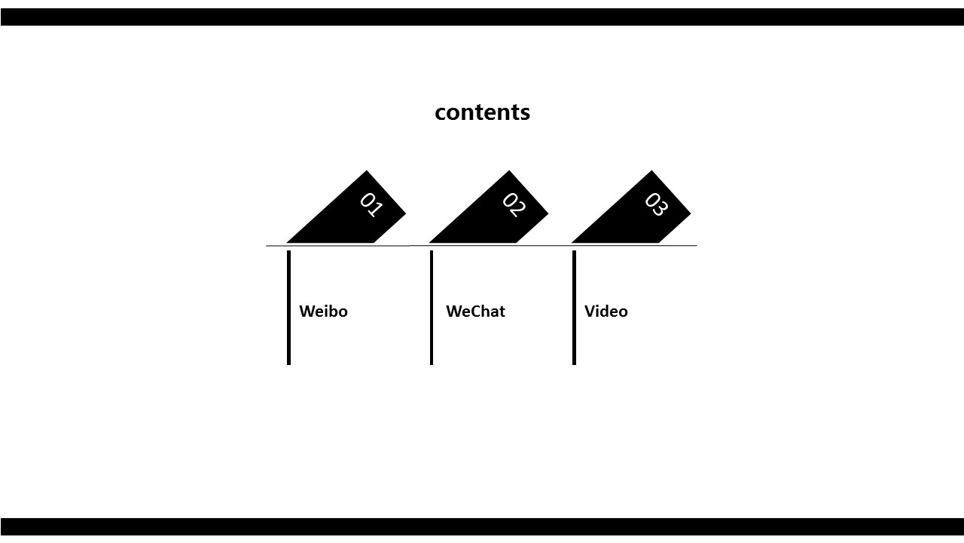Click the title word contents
tap(482, 112)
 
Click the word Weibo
tap(323, 311)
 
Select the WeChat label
tap(475, 311)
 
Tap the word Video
tap(606, 311)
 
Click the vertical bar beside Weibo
tap(288, 308)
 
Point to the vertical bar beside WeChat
tap(432, 308)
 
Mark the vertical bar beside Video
tap(574, 308)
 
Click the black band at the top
tap(482, 17)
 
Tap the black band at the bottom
tap(482, 526)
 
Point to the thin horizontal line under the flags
tap(481, 246)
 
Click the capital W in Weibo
tap(308, 311)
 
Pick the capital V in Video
tap(590, 311)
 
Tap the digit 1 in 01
tap(375, 209)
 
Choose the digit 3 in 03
tap(660, 209)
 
